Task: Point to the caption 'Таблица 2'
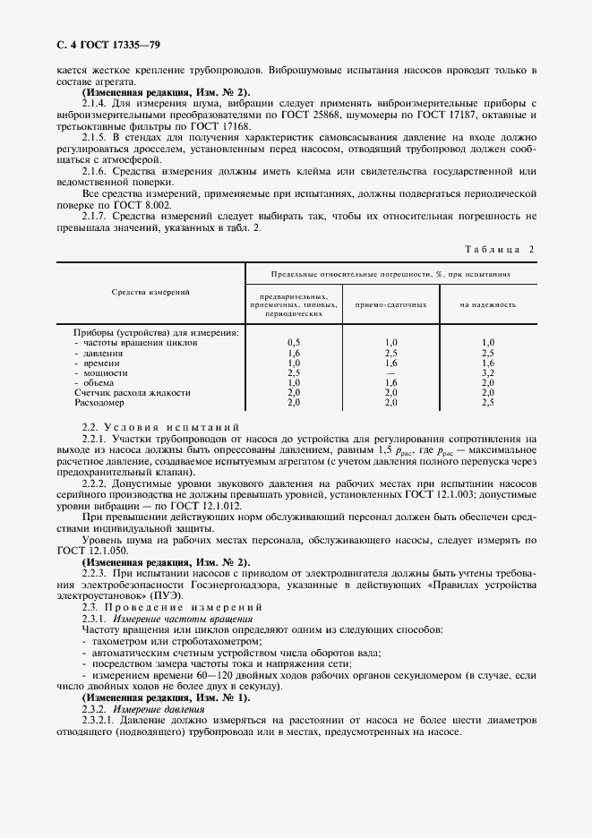[497, 249]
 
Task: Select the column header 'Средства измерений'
[150, 292]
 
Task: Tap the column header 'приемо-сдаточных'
[390, 304]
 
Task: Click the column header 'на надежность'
[488, 304]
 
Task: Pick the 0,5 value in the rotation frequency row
[293, 342]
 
